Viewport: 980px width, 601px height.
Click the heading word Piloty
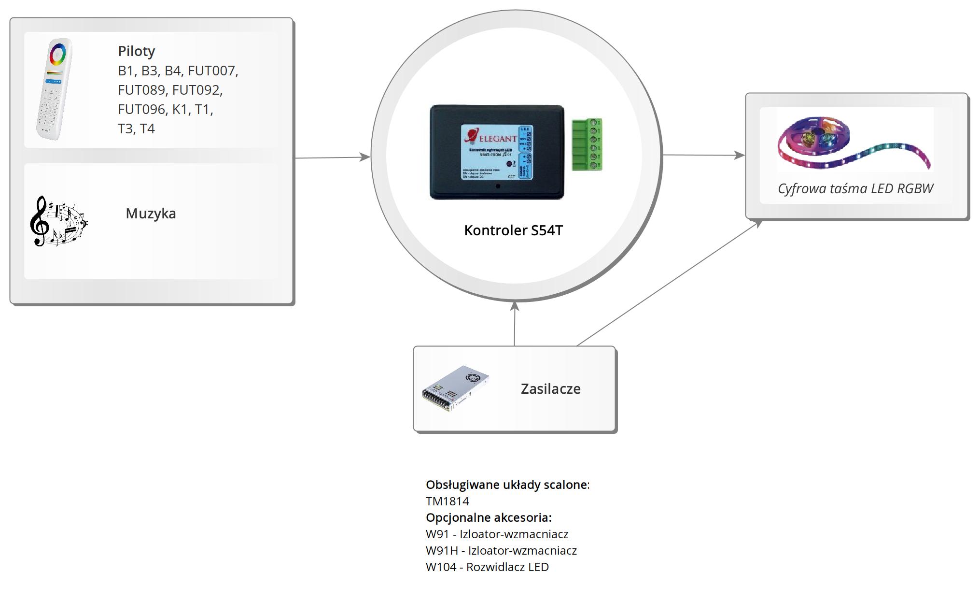[136, 51]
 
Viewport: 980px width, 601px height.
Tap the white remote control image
[54, 89]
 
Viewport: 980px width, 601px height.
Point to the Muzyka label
[151, 214]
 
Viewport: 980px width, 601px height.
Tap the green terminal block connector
[587, 144]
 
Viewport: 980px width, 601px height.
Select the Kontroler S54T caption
[513, 230]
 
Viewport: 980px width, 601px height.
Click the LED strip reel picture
[854, 142]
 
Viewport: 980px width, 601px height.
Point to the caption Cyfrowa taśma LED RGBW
[855, 188]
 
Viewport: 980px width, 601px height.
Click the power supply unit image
[455, 388]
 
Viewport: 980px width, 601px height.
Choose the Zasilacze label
[550, 389]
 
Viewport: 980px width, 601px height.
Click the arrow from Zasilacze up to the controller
[515, 324]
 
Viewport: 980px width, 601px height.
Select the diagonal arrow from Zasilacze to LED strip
[669, 283]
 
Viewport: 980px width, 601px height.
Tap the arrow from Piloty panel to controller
[332, 157]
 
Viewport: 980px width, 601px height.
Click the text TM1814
[447, 501]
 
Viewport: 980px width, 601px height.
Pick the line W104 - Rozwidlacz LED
[487, 567]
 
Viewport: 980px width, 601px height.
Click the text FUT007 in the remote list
[212, 71]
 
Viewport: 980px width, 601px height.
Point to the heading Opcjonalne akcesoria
[488, 518]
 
